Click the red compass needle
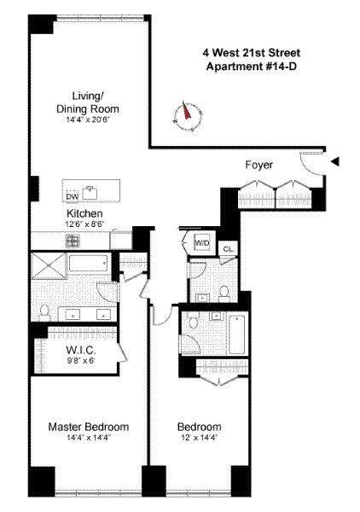pos(186,110)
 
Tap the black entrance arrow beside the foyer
pos(335,161)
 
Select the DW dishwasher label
pos(73,196)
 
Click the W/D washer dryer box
pos(201,242)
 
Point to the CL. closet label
pos(228,249)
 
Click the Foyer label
pos(258,165)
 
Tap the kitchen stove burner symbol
pos(72,241)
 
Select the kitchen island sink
pos(90,193)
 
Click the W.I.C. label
pos(81,350)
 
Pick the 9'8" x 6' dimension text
pos(81,361)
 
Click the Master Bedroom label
pos(89,427)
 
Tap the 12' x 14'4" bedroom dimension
pos(199,438)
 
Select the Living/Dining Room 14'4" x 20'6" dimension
pos(87,119)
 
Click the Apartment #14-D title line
pos(252,67)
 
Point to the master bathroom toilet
pos(44,312)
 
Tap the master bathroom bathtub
pos(88,263)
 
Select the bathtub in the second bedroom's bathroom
pos(237,334)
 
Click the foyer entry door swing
pos(310,163)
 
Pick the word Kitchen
pos(84,213)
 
